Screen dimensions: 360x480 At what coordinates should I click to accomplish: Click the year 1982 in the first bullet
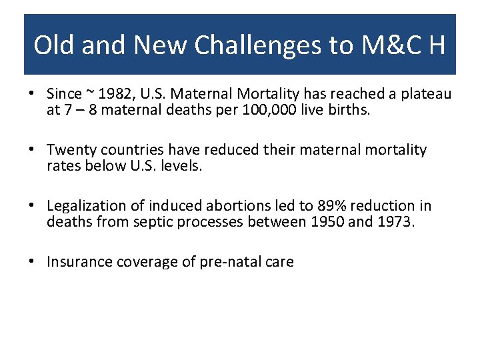pyautogui.click(x=114, y=94)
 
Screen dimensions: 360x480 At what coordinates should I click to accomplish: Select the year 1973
pyautogui.click(x=395, y=222)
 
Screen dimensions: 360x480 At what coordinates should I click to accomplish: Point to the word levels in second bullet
pyautogui.click(x=180, y=166)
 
